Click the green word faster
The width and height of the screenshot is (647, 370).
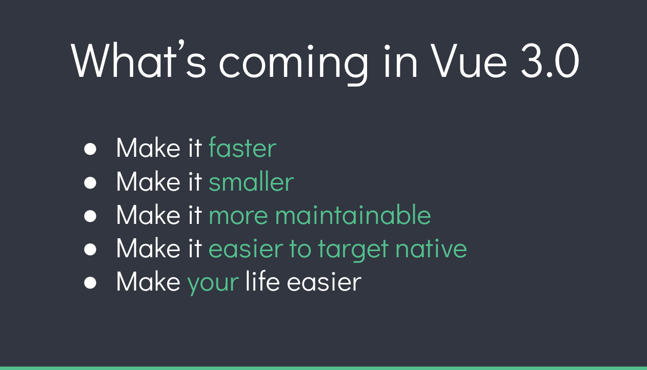[242, 148]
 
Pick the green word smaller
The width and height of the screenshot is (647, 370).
[251, 181]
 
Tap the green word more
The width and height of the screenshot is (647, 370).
[238, 216]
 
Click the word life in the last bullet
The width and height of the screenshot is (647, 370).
[262, 281]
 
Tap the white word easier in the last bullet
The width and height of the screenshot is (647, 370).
[323, 282]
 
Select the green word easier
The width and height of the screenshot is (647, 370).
[246, 249]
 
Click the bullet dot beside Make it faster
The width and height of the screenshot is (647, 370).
[90, 149]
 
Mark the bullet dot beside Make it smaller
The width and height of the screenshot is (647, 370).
[90, 182]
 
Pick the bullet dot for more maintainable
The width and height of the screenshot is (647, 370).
[90, 216]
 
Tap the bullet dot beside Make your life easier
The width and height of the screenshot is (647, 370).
[90, 283]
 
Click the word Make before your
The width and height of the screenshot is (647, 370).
[148, 282]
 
